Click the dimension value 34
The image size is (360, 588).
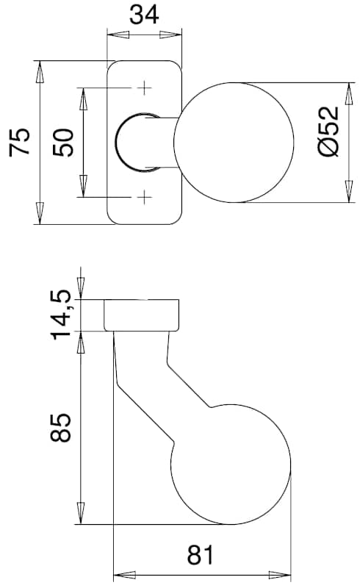(x=144, y=15)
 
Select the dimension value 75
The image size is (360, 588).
(x=20, y=142)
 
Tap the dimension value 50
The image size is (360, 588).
(x=63, y=143)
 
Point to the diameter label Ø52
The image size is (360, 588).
(x=328, y=131)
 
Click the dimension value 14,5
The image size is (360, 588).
(x=61, y=315)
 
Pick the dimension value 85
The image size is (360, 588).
(x=61, y=428)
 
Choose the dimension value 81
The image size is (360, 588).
(x=201, y=555)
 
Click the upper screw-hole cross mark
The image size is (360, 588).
(x=144, y=88)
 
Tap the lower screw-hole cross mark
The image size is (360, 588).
(x=144, y=197)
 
